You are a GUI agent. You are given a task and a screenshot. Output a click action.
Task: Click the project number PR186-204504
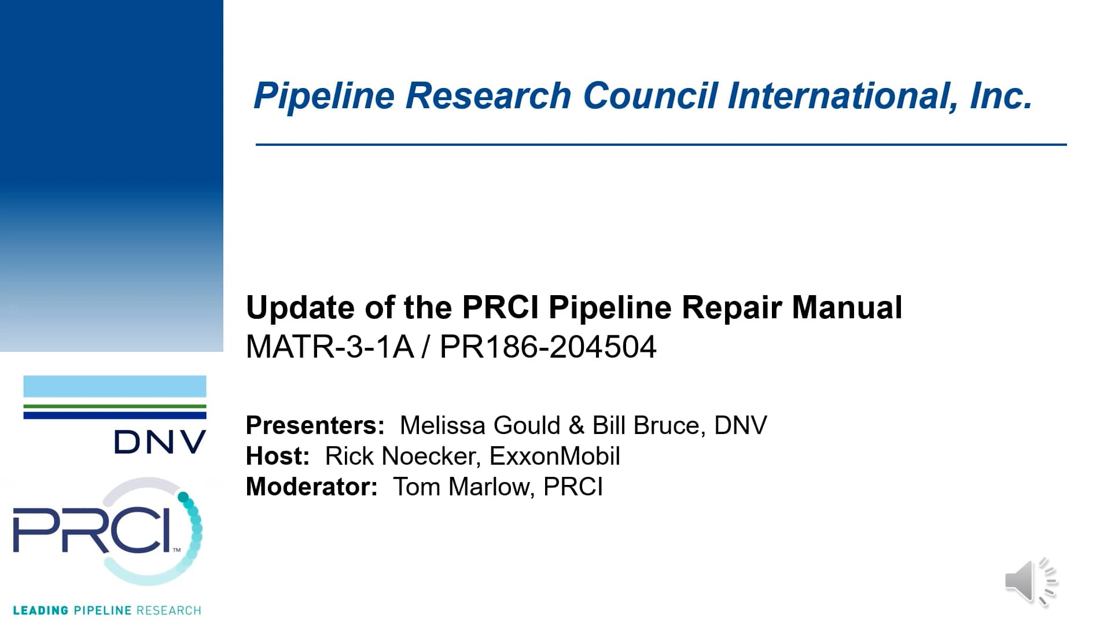point(548,347)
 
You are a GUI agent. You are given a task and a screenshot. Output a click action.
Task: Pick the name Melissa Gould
point(480,425)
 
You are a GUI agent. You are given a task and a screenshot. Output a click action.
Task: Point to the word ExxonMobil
point(554,456)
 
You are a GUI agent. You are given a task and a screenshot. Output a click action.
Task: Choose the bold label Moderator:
point(311,487)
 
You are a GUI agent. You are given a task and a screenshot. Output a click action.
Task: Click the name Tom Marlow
point(461,487)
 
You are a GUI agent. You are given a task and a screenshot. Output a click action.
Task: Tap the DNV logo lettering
point(160,442)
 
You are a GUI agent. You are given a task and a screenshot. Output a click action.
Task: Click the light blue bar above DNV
point(115,386)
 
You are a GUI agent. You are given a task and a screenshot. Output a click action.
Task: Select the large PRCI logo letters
point(93,530)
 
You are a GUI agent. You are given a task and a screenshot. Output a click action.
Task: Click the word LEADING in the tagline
point(41,611)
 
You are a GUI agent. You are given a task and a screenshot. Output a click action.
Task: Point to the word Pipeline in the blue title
point(324,95)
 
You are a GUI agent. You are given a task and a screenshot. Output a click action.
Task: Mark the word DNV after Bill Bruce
point(741,425)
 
